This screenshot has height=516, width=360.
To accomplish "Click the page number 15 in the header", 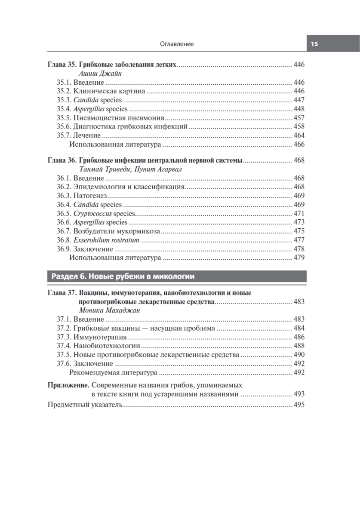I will [x=314, y=44].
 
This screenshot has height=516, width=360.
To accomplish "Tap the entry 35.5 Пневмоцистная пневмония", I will [x=111, y=118].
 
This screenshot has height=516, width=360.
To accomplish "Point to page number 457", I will [x=298, y=118].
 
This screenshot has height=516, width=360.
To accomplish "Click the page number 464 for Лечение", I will [x=298, y=135].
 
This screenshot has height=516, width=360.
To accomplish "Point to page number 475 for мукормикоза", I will [x=298, y=231].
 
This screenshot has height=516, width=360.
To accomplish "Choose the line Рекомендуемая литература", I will [x=113, y=372].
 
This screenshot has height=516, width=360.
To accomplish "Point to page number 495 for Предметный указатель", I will [x=298, y=405].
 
